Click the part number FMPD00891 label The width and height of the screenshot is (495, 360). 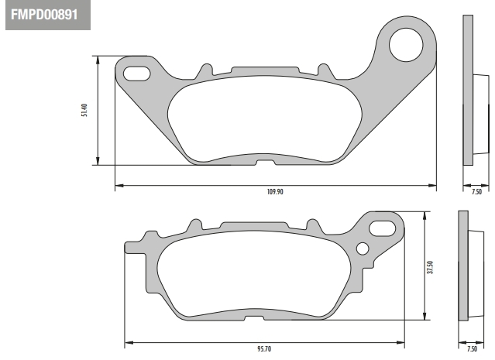tap(44, 15)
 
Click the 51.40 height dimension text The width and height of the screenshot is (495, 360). tap(84, 111)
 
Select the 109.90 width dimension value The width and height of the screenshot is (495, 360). tap(275, 192)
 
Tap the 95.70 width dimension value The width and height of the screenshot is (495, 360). tap(264, 349)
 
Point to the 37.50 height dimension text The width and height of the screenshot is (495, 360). tap(430, 267)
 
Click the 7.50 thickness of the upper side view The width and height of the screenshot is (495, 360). tap(476, 191)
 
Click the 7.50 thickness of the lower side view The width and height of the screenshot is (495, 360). tap(472, 348)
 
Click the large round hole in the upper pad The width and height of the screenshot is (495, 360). tap(406, 45)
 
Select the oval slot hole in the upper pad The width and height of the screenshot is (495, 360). tap(136, 74)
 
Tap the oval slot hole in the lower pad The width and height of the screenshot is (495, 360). tap(383, 228)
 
